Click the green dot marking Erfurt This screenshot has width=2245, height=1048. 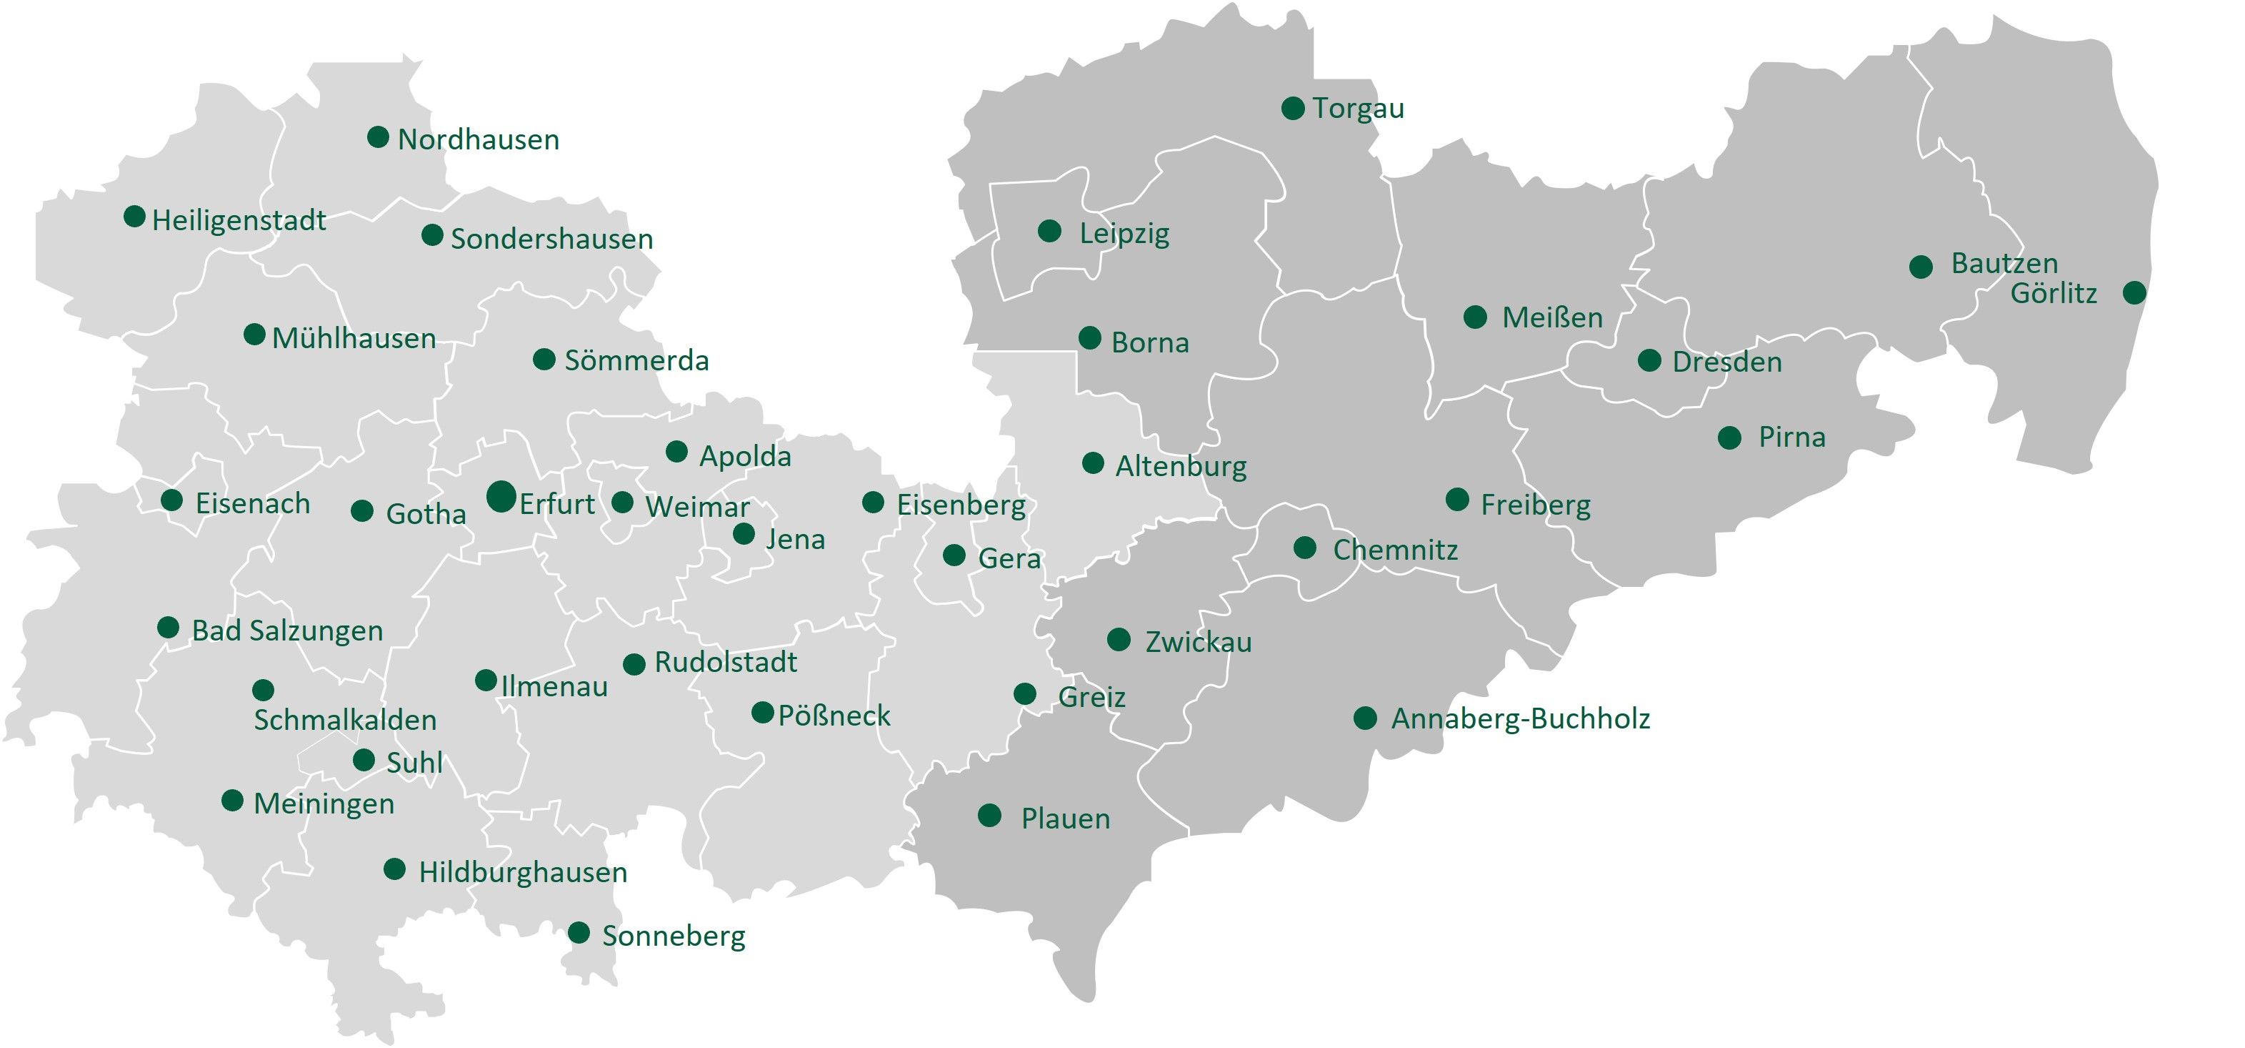pos(501,496)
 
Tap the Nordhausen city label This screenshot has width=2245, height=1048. pos(478,139)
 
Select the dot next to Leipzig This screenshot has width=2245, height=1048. pos(1049,231)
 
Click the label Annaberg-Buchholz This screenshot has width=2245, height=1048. pos(1520,719)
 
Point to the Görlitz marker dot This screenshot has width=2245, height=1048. pos(2134,292)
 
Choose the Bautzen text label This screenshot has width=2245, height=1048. pos(2004,263)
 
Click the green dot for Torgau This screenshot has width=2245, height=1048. pos(1292,108)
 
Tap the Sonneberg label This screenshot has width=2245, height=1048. pos(673,936)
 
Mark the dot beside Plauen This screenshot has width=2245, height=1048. pos(989,815)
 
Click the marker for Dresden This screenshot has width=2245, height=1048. pos(1649,360)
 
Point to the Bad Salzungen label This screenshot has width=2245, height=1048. pos(286,631)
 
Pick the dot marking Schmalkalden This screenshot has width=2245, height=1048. pos(263,690)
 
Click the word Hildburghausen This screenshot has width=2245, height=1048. pos(523,872)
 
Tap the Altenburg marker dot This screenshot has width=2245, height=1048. pos(1093,463)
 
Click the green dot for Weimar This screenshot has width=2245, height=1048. pos(622,503)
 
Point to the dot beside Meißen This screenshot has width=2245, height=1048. pos(1474,317)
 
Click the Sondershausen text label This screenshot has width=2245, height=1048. pos(551,239)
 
